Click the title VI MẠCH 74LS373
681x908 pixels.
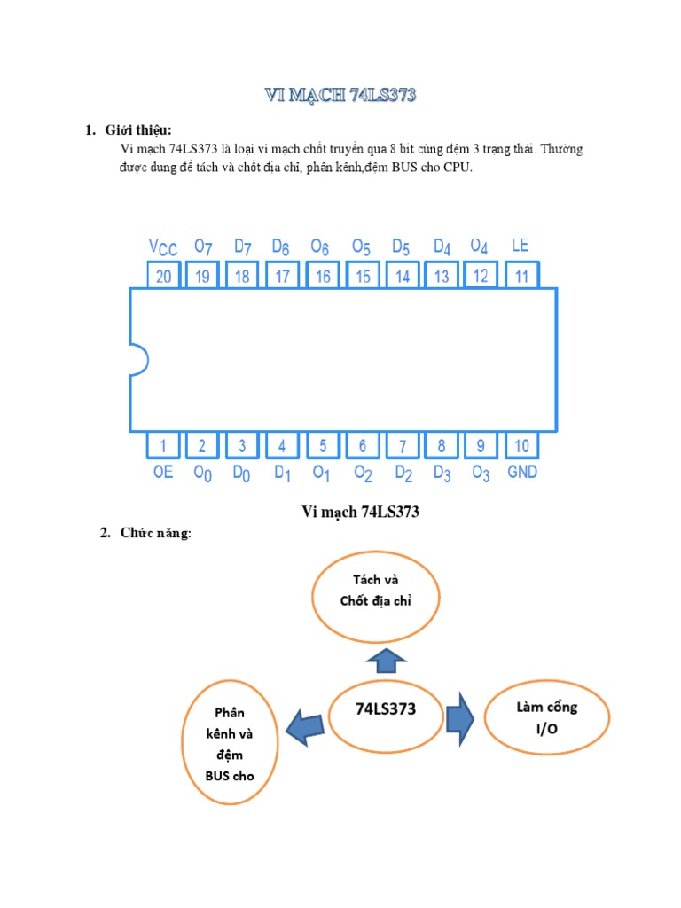[340, 97]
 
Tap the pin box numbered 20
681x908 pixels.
[163, 276]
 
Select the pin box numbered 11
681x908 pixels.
[521, 276]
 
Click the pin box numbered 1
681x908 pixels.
[163, 445]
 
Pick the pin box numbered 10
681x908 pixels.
[521, 445]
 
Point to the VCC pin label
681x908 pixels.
[163, 247]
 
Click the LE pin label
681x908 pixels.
[521, 245]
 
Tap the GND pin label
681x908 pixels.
[521, 472]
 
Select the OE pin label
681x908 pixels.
[163, 472]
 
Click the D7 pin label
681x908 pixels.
[243, 246]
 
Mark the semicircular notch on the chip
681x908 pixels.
[138, 360]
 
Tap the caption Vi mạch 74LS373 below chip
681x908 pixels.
[360, 512]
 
